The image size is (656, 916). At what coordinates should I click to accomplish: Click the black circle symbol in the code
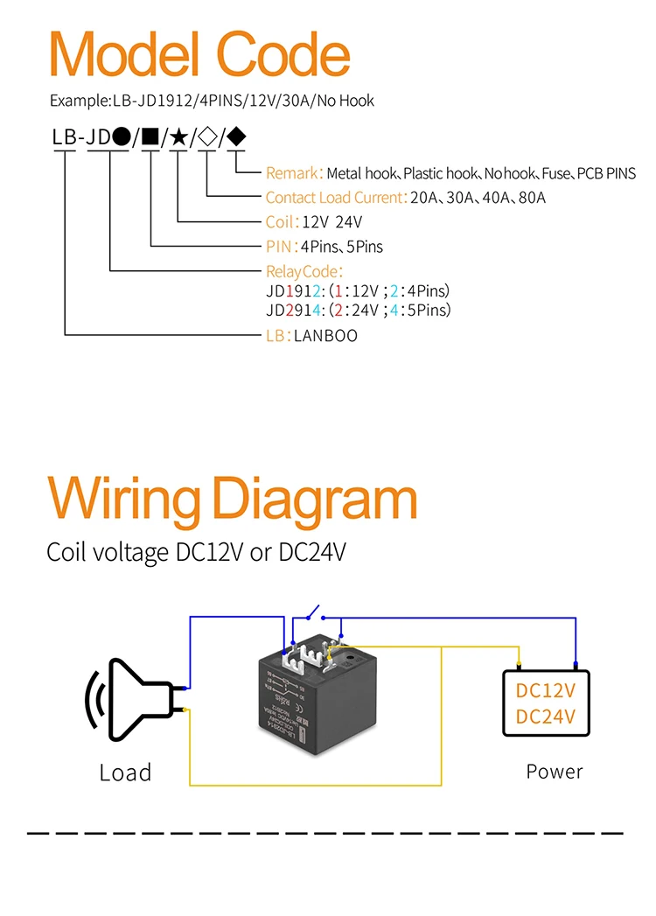click(122, 137)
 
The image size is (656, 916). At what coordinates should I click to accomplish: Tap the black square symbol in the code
click(150, 137)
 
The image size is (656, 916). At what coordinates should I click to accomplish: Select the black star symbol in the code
click(178, 137)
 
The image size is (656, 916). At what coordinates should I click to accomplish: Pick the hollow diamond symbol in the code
click(207, 137)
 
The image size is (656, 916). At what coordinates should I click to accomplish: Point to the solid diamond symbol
click(236, 137)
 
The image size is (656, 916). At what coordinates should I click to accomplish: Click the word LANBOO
click(325, 336)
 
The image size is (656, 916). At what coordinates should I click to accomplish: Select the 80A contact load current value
click(531, 198)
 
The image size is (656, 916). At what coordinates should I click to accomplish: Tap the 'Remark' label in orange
click(293, 173)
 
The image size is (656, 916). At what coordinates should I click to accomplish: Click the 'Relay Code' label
click(303, 272)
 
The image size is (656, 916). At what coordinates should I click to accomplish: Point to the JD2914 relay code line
click(358, 311)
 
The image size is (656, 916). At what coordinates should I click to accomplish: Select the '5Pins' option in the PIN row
click(362, 247)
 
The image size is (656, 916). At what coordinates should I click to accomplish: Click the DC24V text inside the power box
click(546, 717)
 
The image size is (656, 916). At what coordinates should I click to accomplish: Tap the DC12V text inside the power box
click(546, 690)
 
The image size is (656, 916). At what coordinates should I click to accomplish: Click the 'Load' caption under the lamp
click(125, 773)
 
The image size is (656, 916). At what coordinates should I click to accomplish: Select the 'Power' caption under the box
click(555, 772)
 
